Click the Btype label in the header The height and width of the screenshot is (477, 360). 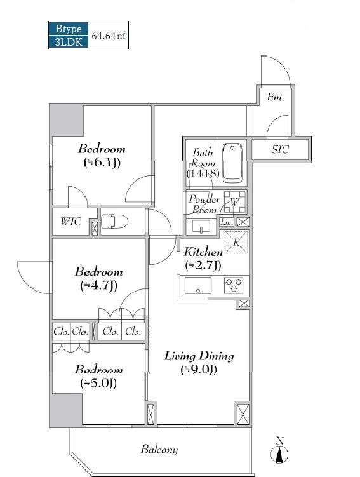tap(69, 29)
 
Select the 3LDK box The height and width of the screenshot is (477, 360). tap(69, 41)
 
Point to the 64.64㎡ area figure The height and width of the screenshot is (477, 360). tap(108, 36)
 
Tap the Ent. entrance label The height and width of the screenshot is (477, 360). tap(276, 97)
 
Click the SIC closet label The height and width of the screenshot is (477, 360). tap(280, 149)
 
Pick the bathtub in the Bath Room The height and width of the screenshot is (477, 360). tap(232, 163)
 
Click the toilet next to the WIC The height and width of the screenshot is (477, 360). tap(114, 222)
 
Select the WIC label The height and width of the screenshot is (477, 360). tap(71, 221)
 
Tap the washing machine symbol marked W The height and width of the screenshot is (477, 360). tap(234, 202)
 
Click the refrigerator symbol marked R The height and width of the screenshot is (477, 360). tap(236, 242)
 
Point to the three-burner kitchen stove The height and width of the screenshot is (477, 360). tap(234, 285)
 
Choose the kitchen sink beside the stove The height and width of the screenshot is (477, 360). tap(198, 286)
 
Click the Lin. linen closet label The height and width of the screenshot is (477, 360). tap(227, 222)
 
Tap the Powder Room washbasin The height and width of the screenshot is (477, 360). tap(201, 226)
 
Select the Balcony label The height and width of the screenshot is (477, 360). tap(159, 449)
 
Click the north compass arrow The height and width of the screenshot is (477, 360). tap(279, 452)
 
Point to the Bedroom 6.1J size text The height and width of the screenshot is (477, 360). tap(102, 163)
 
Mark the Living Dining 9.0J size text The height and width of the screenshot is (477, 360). tap(199, 370)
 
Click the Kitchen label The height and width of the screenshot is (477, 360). tap(203, 252)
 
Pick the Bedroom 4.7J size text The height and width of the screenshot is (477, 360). tap(99, 286)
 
